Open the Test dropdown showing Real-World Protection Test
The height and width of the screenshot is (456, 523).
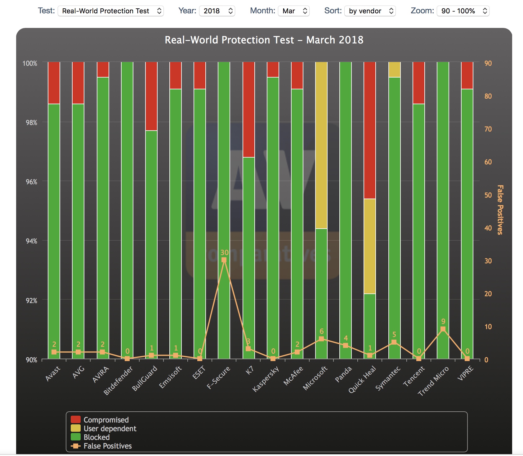110,11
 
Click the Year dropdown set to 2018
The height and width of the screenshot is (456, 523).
217,11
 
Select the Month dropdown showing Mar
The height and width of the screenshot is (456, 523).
293,11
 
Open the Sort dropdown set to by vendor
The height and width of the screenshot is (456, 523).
370,11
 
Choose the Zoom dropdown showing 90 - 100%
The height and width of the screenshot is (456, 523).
463,11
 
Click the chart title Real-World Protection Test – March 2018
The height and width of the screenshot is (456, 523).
264,40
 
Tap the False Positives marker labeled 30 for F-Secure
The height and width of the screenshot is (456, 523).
224,260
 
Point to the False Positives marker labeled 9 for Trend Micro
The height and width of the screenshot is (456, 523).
443,329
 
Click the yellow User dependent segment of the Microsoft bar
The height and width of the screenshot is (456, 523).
321,145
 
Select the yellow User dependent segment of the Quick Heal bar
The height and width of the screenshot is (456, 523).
370,246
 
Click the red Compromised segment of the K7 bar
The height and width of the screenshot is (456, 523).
248,110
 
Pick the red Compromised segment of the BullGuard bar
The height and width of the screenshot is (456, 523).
151,96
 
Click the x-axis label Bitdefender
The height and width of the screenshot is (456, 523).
118,380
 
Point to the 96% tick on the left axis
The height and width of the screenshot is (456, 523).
31,182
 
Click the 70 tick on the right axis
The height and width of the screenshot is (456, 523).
488,129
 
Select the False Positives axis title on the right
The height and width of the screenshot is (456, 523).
500,210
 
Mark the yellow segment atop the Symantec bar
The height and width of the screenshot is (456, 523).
394,69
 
